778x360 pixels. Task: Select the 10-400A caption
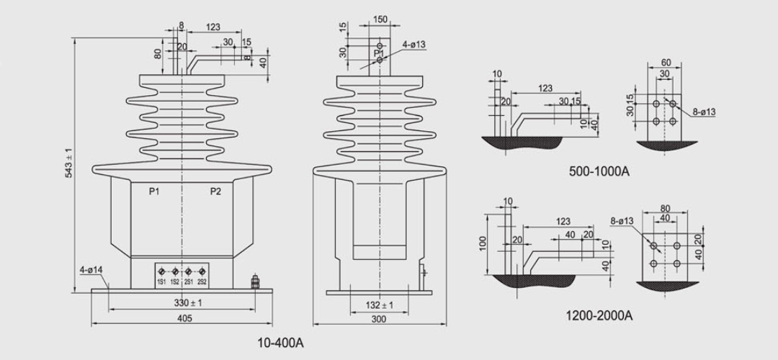[281, 343]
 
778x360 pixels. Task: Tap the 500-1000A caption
[599, 171]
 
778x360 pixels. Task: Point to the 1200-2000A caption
[600, 315]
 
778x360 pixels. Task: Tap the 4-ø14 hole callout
[91, 271]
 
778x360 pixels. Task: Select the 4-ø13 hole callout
[414, 45]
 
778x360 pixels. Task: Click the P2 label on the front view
[215, 191]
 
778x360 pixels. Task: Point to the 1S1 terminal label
[161, 281]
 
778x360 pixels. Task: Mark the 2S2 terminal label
[202, 281]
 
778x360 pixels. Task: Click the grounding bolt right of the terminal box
[255, 282]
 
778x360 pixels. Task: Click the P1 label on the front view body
[154, 191]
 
